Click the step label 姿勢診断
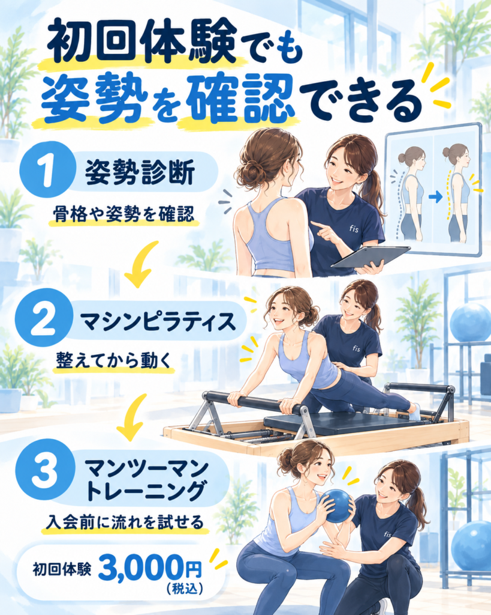pos(140,172)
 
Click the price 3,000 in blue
pos(140,568)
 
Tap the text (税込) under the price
pos(184,589)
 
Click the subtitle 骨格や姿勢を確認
pos(123,214)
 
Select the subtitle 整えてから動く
pos(114,360)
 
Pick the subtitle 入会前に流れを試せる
pos(124,523)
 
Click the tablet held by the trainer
pos(370,257)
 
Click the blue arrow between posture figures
pos(435,196)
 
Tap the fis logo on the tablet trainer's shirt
pos(354,228)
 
